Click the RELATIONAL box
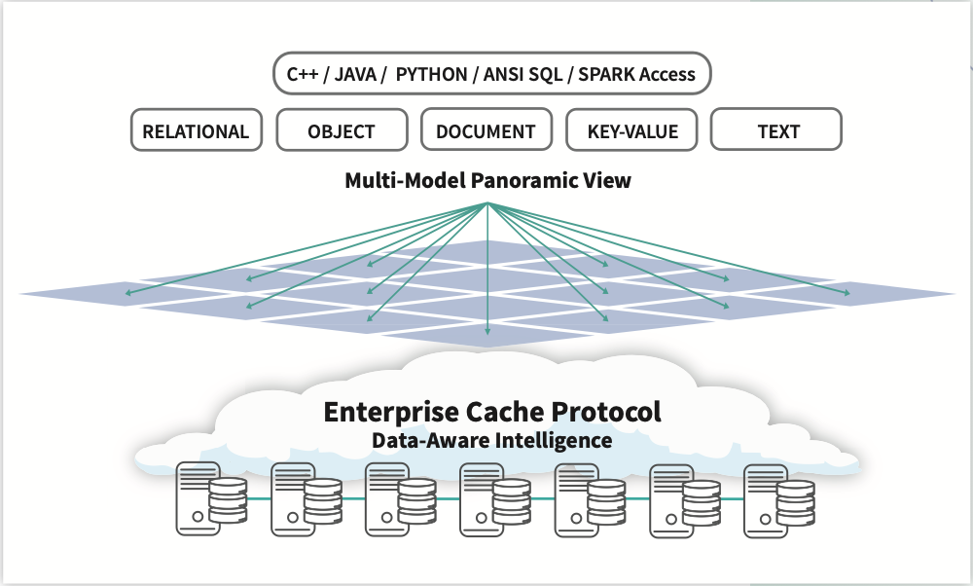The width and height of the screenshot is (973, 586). (196, 130)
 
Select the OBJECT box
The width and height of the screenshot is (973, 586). (341, 130)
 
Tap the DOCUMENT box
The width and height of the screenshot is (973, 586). (486, 130)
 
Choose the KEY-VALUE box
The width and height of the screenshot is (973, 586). (631, 130)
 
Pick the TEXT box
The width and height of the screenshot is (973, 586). (776, 130)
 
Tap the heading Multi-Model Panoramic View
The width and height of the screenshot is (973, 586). (487, 181)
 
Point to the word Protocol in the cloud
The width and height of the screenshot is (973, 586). (605, 411)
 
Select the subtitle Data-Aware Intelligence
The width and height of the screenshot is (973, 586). (491, 441)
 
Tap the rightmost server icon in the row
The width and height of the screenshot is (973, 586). (778, 499)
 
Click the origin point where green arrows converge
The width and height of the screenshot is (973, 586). (487, 203)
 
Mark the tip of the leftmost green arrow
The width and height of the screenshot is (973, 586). (124, 291)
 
